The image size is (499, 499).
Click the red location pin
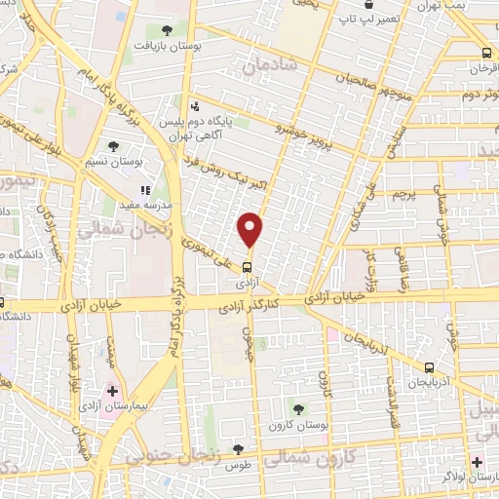251,229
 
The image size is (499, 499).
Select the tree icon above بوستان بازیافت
169,30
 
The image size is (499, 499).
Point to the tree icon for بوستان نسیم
114,146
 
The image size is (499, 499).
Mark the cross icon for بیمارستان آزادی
113,390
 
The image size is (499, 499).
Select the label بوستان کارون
329,426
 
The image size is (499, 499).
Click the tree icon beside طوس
238,449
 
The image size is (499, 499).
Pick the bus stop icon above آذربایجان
430,367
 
